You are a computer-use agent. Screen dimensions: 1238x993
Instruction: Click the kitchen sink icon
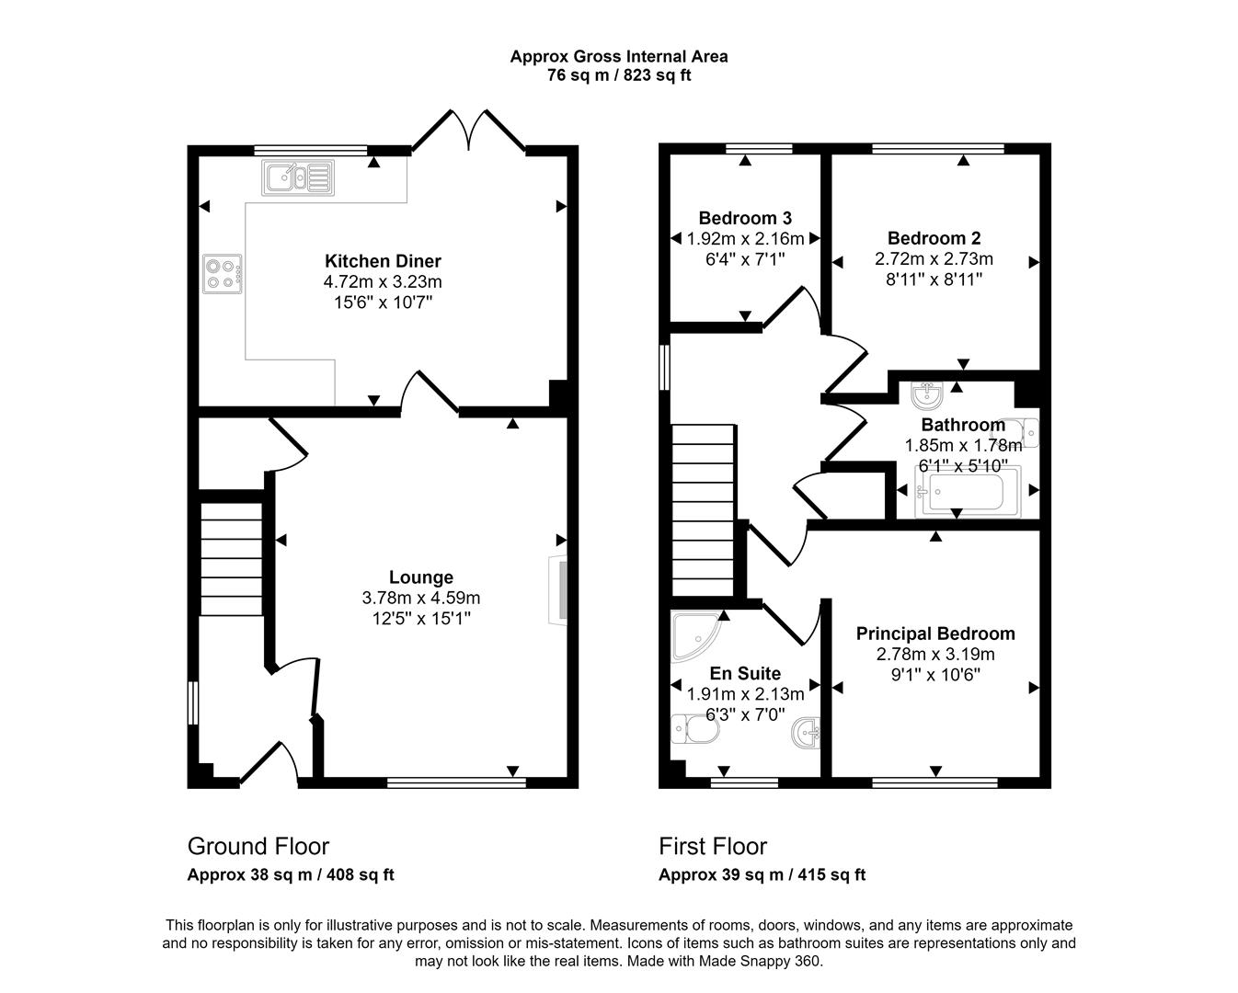[298, 177]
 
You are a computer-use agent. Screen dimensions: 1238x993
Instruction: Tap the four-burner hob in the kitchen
[222, 274]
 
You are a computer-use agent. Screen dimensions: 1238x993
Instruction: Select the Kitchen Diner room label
[383, 261]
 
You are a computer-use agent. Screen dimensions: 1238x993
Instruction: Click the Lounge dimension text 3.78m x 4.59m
[421, 598]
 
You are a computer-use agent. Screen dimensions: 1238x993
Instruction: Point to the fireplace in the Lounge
[558, 590]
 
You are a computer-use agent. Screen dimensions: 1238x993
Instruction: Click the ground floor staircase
[231, 559]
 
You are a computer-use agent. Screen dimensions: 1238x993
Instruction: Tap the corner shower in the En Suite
[696, 636]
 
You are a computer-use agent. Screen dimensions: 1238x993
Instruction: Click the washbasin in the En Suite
[806, 733]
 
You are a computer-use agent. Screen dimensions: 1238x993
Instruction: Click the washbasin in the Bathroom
[927, 395]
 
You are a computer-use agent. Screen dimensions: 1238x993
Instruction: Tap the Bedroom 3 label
[745, 218]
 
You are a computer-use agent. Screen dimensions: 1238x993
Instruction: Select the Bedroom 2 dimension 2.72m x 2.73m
[934, 258]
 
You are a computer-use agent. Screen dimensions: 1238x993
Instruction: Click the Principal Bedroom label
[935, 633]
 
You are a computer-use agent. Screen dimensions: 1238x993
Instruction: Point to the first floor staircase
[703, 510]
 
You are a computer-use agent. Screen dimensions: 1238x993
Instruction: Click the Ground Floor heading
[258, 847]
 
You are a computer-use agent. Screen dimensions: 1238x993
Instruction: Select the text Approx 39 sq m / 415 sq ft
[762, 874]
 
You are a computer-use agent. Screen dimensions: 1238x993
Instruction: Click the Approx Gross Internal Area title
[619, 56]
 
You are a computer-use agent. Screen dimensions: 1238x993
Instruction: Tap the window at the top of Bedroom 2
[938, 148]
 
